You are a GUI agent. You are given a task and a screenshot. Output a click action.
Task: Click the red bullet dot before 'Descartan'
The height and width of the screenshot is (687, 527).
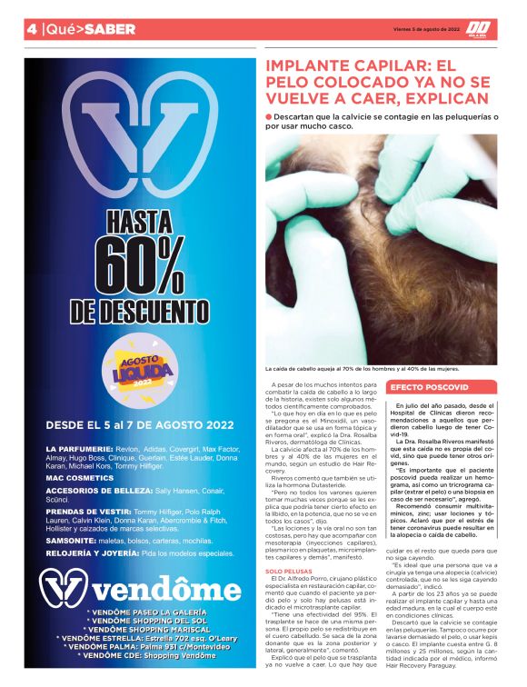point(269,117)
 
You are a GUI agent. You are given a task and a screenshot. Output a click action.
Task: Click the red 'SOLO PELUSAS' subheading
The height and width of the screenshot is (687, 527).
point(285,571)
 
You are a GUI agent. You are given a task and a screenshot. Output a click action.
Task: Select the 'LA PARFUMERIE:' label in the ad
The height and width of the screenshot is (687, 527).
point(78,449)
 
